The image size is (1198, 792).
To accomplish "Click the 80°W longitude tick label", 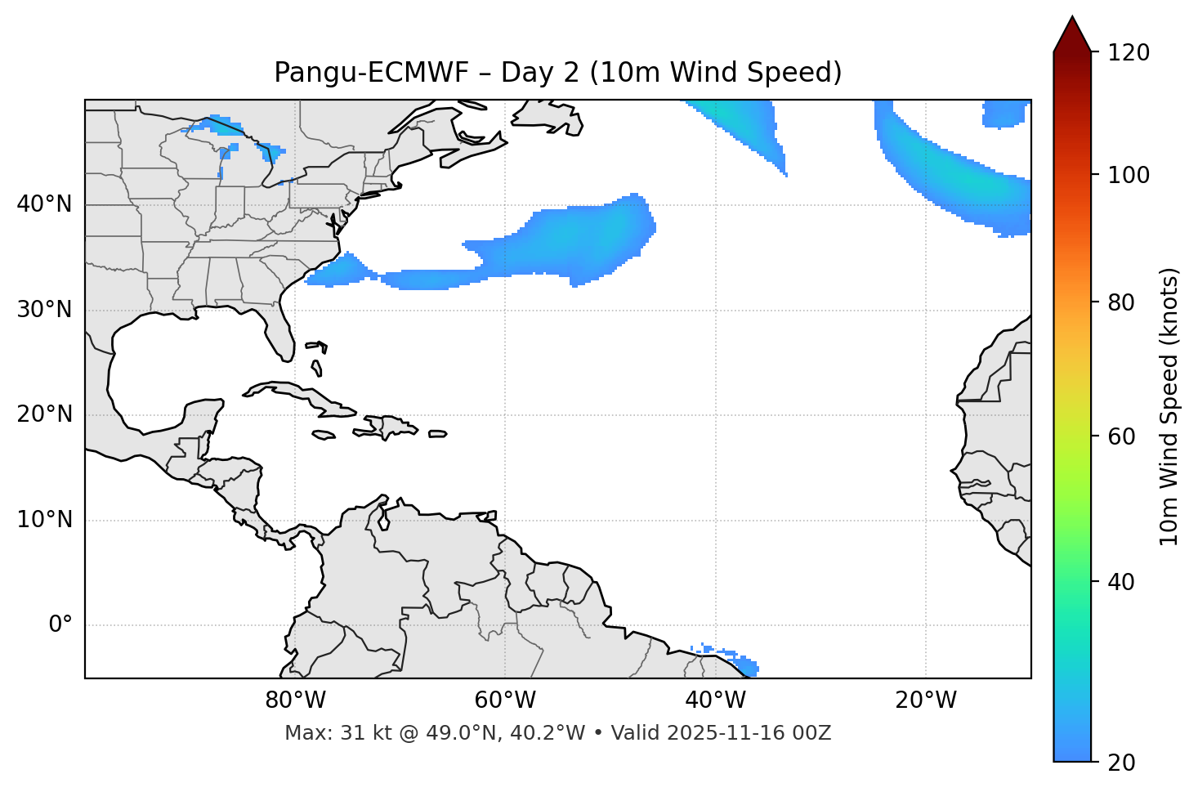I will pyautogui.click(x=295, y=700).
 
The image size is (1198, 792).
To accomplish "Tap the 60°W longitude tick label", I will pyautogui.click(x=504, y=700).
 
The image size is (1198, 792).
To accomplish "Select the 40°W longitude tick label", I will pyautogui.click(x=715, y=700).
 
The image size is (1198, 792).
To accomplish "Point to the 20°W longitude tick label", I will pyautogui.click(x=925, y=700).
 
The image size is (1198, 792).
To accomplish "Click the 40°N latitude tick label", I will pyautogui.click(x=44, y=204).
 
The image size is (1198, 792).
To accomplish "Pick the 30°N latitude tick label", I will pyautogui.click(x=44, y=310).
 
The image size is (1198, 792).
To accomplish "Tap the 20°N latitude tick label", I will pyautogui.click(x=44, y=414).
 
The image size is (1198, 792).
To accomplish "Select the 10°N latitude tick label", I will pyautogui.click(x=44, y=520).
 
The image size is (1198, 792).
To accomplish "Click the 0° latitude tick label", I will pyautogui.click(x=60, y=625).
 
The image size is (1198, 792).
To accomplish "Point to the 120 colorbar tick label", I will pyautogui.click(x=1129, y=53).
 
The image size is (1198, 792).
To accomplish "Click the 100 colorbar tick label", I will pyautogui.click(x=1129, y=175).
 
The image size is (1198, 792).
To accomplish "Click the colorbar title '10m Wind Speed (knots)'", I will pyautogui.click(x=1169, y=407).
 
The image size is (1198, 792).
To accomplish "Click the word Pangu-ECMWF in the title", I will pyautogui.click(x=371, y=73).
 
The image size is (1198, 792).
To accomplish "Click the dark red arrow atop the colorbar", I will pyautogui.click(x=1072, y=34).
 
